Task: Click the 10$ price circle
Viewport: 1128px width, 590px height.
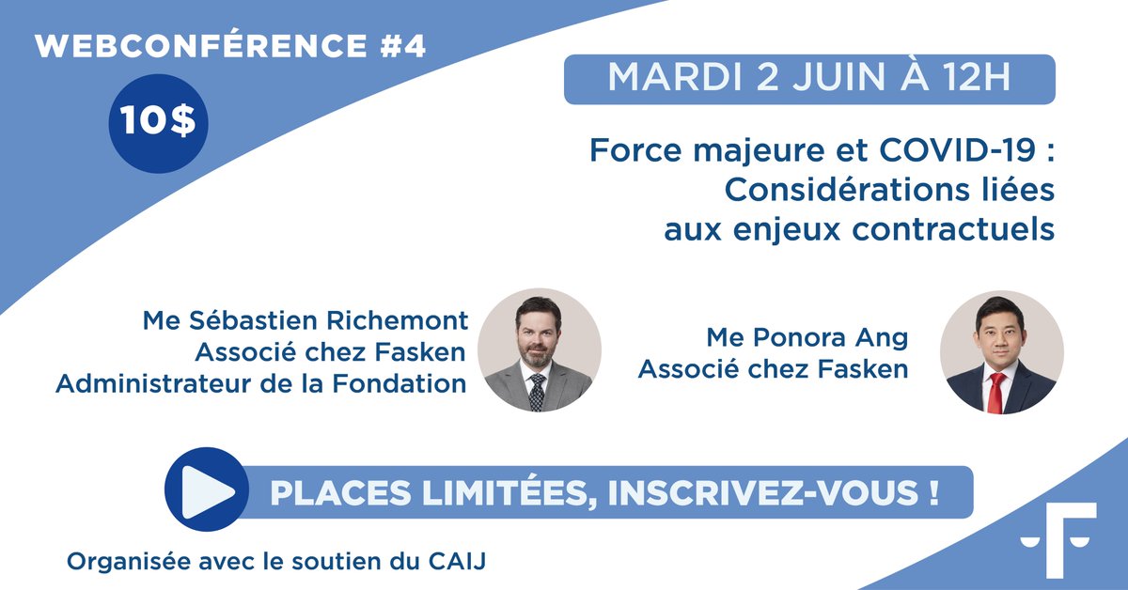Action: (159, 125)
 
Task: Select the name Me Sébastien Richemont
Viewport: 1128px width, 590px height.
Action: (305, 320)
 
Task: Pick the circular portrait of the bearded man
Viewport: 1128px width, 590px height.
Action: (539, 349)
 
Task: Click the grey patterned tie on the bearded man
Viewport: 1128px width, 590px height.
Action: (536, 390)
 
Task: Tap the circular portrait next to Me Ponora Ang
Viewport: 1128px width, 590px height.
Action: (1001, 351)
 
